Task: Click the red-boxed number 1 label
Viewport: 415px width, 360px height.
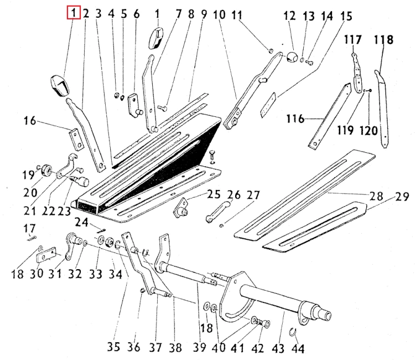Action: coord(74,13)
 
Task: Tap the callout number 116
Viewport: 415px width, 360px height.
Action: coord(295,119)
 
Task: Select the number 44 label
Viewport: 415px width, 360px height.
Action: coord(298,348)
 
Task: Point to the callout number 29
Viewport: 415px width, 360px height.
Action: coord(402,197)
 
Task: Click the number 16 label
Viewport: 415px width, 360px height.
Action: coord(30,121)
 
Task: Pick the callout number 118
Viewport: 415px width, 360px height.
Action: coord(383,40)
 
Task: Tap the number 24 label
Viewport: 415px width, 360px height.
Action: coord(81,222)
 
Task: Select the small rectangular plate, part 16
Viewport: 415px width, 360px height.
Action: coord(76,139)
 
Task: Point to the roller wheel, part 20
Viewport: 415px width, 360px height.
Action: coord(48,170)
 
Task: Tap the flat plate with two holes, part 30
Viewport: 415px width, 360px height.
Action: coord(46,255)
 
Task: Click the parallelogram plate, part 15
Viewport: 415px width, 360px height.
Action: coord(268,105)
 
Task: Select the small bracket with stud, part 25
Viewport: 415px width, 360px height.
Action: coord(181,208)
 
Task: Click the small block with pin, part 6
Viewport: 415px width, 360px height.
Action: coord(134,105)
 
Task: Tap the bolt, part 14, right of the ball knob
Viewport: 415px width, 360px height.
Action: coord(309,63)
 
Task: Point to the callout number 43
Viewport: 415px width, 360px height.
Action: coord(278,348)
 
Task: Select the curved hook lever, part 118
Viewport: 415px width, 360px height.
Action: coord(382,109)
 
